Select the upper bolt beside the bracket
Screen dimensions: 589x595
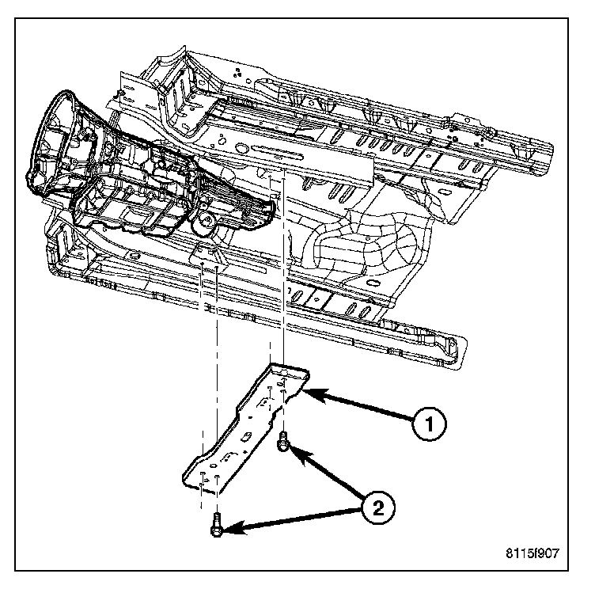(x=282, y=447)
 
